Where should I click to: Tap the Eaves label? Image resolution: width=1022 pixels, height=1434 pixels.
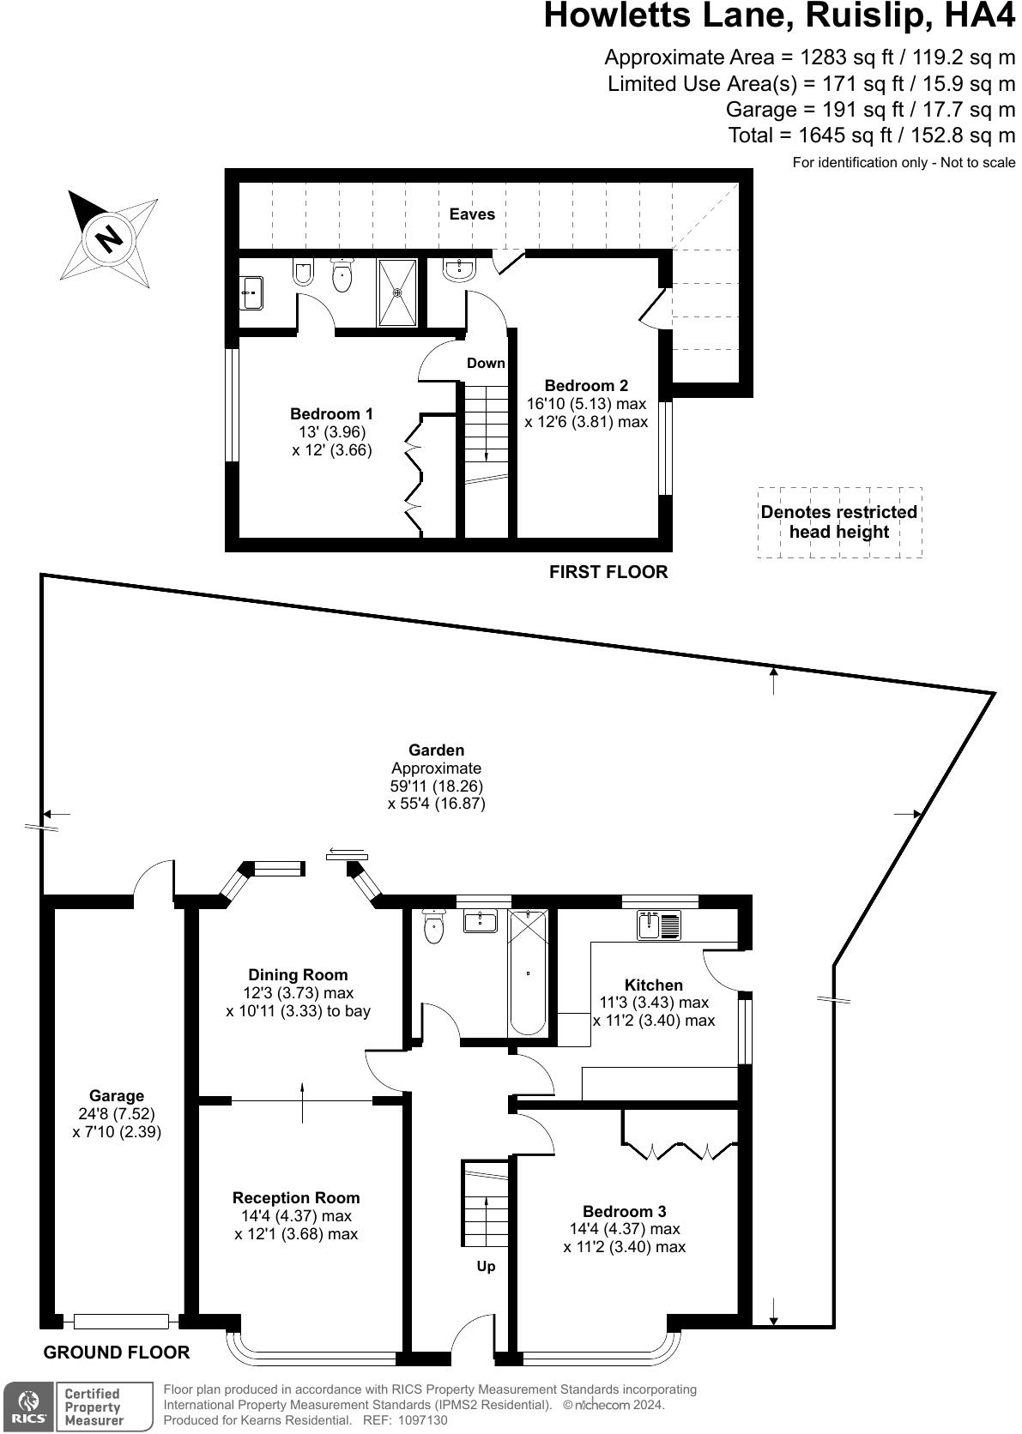click(472, 214)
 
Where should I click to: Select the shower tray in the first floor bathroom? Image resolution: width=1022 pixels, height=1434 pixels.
click(397, 292)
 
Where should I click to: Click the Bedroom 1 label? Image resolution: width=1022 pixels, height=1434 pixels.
click(331, 414)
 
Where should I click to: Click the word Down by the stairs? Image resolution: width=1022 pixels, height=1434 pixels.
click(486, 363)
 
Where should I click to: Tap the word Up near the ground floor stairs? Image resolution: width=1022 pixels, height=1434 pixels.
click(486, 1266)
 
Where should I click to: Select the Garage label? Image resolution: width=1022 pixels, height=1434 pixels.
click(117, 1095)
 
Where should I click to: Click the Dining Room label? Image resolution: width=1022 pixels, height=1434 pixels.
click(298, 974)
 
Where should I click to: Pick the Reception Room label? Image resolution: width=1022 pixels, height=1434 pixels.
click(296, 1197)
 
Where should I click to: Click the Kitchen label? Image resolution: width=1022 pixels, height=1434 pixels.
click(653, 985)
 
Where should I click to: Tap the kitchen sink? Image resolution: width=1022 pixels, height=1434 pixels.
click(658, 925)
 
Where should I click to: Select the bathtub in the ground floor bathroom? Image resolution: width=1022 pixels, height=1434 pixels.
click(527, 973)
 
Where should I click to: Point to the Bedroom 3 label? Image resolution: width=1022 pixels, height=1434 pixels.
click(624, 1211)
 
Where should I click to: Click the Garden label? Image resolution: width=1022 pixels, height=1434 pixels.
click(436, 750)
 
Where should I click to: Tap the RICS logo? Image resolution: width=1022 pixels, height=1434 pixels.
click(27, 1406)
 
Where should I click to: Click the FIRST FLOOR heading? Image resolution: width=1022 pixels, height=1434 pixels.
click(608, 572)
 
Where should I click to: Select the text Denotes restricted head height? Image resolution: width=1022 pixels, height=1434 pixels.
click(838, 522)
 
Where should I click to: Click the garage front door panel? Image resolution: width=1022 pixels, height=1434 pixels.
click(120, 1321)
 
